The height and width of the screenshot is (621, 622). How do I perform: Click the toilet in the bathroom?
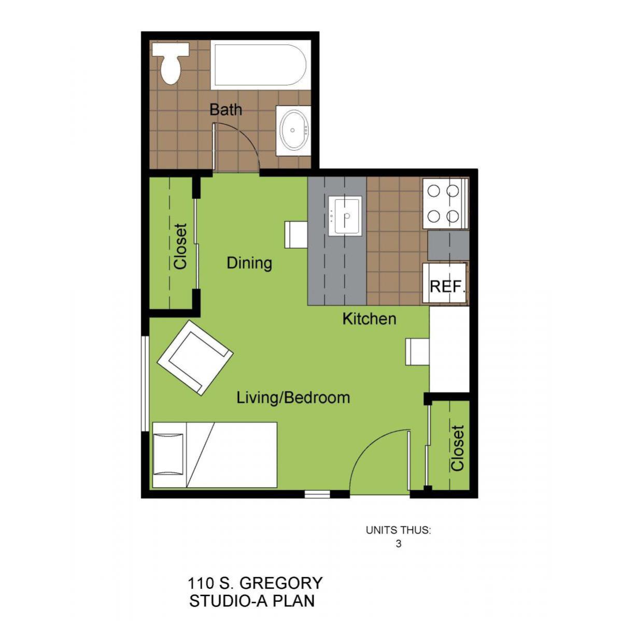click(171, 63)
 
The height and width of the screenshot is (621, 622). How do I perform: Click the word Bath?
click(225, 110)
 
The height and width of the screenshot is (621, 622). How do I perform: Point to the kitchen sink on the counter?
click(345, 216)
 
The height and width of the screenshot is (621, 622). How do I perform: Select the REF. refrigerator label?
click(447, 286)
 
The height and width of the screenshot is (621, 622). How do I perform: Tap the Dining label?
click(249, 263)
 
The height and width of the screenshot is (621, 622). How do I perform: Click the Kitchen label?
click(369, 319)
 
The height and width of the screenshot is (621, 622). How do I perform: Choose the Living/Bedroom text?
click(293, 398)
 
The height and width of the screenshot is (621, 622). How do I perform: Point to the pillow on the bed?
click(168, 455)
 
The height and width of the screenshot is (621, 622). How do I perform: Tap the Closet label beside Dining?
click(180, 246)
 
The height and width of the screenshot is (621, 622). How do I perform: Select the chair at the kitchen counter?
click(296, 235)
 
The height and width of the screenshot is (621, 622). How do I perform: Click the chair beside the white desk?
click(417, 352)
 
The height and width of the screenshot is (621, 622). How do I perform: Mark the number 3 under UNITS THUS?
click(399, 544)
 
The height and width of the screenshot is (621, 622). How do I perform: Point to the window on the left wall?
click(145, 384)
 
